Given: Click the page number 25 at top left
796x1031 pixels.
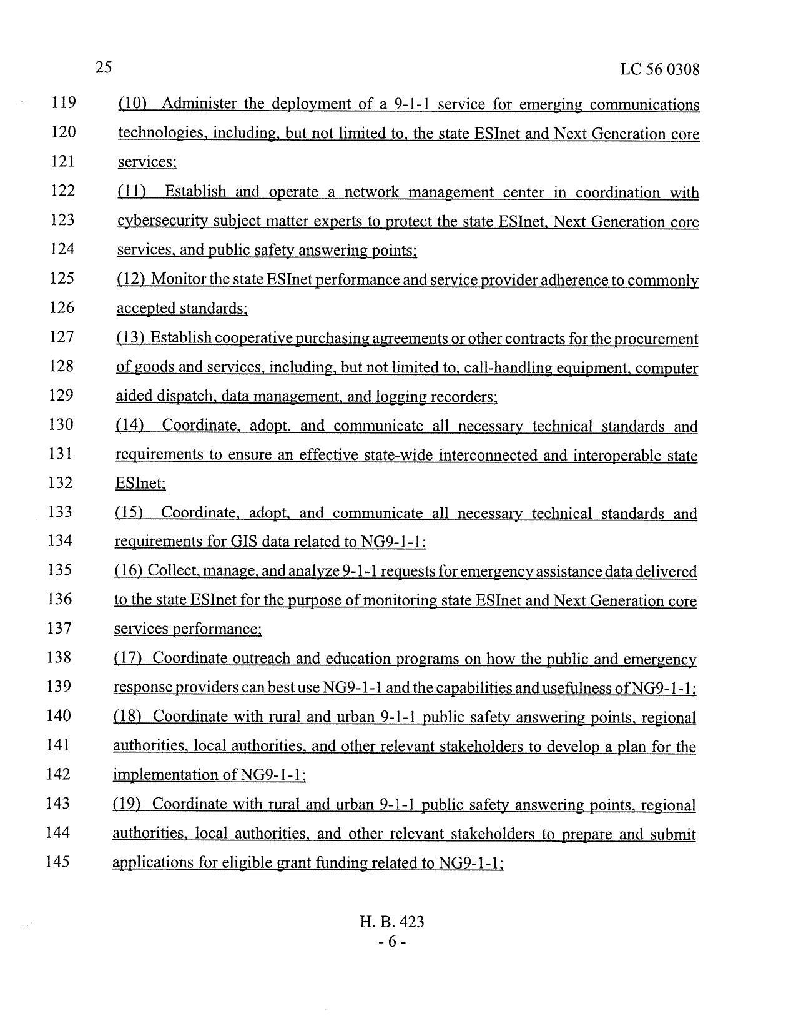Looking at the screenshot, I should coord(104,67).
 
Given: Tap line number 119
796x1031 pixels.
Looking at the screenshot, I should coord(64,102).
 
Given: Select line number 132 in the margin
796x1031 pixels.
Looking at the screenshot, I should coord(60,482).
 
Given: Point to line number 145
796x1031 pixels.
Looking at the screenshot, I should coord(59,862).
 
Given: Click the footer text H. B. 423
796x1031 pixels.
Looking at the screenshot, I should coord(392,922).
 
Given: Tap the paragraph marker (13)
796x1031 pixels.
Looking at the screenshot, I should coord(130,338).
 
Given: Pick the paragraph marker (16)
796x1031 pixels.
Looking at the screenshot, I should coord(129,571).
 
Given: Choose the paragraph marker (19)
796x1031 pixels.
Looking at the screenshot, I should coord(126,804).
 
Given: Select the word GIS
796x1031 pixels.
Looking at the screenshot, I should coord(244,542).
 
